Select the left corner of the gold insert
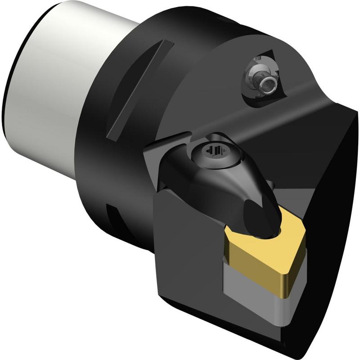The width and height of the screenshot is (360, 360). (226, 232)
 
